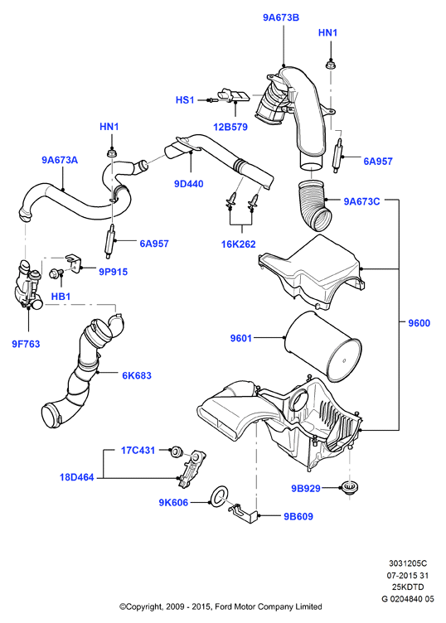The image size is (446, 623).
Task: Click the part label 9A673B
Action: click(x=281, y=17)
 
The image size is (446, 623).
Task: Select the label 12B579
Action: click(x=230, y=127)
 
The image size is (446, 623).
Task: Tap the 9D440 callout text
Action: click(x=189, y=184)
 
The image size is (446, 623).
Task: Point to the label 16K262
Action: click(x=239, y=244)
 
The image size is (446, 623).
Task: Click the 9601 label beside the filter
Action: click(x=241, y=338)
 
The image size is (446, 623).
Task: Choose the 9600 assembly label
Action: click(x=419, y=323)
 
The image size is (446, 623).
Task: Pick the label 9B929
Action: click(x=306, y=488)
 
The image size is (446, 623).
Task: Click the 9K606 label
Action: click(x=173, y=503)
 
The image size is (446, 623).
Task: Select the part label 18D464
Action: click(x=77, y=477)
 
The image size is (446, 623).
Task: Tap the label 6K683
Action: click(x=137, y=375)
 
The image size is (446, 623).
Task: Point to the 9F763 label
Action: click(x=26, y=344)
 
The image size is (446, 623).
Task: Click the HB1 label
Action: click(x=61, y=297)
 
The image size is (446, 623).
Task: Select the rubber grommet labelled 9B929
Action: click(x=349, y=487)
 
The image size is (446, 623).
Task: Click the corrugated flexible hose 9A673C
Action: click(x=315, y=205)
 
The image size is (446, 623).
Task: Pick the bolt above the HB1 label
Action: click(x=55, y=273)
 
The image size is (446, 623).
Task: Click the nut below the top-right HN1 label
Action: click(x=330, y=64)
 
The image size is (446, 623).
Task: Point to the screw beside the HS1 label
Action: click(x=212, y=100)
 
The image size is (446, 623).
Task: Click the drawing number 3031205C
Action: click(x=407, y=563)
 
